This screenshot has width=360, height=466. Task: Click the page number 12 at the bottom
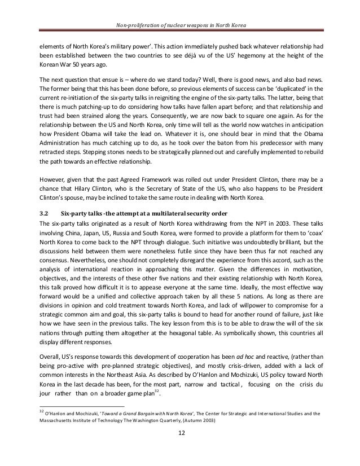click(180, 449)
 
